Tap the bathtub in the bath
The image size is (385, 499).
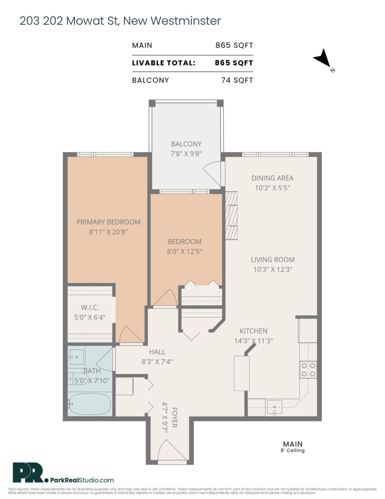pyautogui.click(x=90, y=404)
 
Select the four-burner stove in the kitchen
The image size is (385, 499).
pyautogui.click(x=308, y=370)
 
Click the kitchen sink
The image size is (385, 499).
pyautogui.click(x=274, y=408)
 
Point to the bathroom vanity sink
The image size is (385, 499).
pyautogui.click(x=76, y=357)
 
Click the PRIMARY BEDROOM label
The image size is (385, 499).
pyautogui.click(x=108, y=222)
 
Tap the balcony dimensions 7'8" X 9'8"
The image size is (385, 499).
pyautogui.click(x=186, y=153)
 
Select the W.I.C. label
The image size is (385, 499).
pyautogui.click(x=90, y=307)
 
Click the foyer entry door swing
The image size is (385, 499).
pyautogui.click(x=172, y=450)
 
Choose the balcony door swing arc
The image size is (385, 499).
pyautogui.click(x=212, y=173)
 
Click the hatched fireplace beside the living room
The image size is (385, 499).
pyautogui.click(x=231, y=215)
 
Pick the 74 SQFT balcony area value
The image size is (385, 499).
pyautogui.click(x=237, y=80)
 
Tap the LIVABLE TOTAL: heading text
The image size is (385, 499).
pyautogui.click(x=164, y=63)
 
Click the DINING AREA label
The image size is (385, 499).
pyautogui.click(x=272, y=178)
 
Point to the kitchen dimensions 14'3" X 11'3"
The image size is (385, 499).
pyautogui.click(x=254, y=341)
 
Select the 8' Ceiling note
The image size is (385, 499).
pyautogui.click(x=293, y=450)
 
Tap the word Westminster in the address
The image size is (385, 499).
pyautogui.click(x=186, y=21)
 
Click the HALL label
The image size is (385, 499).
pyautogui.click(x=157, y=352)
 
